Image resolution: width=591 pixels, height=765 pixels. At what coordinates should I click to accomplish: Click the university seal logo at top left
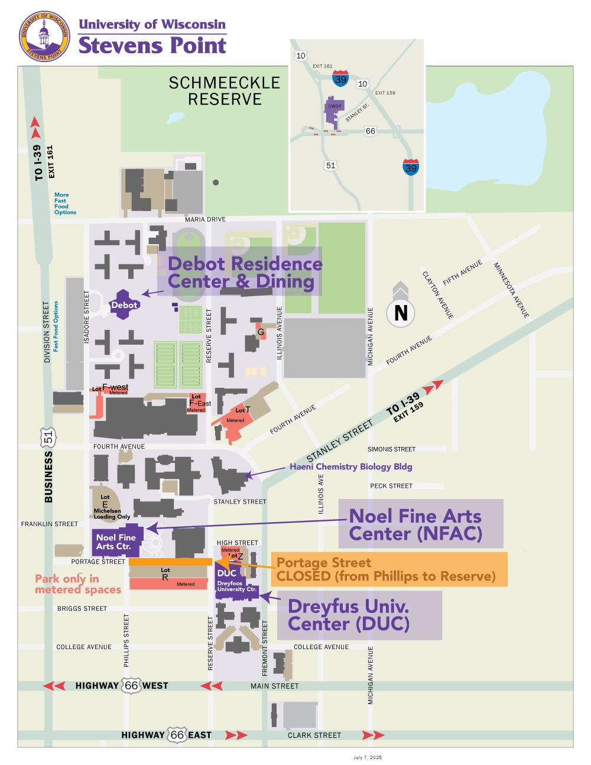[44, 36]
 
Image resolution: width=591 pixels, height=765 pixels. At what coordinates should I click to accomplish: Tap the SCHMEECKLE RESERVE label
[225, 91]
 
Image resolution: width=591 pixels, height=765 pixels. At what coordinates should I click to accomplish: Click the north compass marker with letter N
[401, 312]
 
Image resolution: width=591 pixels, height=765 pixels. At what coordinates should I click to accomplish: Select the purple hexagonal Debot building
[124, 304]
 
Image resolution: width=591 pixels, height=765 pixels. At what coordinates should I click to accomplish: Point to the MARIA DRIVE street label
[205, 219]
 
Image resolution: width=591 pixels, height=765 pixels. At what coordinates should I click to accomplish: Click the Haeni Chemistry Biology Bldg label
[350, 466]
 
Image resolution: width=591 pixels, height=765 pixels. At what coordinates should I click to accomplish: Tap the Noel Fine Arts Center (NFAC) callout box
[420, 524]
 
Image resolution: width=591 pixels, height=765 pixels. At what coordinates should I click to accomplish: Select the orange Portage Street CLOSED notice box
[388, 569]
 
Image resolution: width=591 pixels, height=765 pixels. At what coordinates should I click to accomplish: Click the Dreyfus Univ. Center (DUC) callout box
[359, 615]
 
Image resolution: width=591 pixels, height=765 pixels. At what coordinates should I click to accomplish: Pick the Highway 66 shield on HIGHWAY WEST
[131, 685]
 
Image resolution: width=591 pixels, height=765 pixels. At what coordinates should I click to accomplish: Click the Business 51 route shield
[48, 437]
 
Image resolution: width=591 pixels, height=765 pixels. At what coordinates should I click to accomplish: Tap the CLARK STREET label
[314, 735]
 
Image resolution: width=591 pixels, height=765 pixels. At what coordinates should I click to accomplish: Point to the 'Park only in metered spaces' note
[77, 584]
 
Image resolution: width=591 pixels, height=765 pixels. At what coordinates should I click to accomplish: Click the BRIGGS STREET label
[82, 608]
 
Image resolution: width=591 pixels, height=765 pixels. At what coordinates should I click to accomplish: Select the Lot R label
[165, 574]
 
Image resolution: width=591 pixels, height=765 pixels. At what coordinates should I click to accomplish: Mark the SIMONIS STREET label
[391, 449]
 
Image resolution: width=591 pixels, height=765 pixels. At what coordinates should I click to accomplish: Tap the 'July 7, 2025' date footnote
[368, 757]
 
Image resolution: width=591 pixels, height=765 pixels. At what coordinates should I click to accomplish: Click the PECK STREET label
[391, 486]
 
